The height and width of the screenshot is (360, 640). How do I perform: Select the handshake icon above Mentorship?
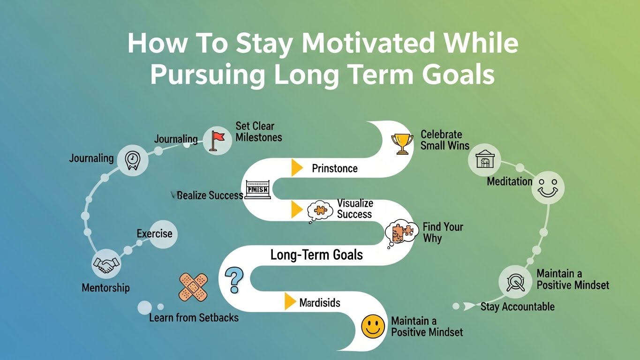106,265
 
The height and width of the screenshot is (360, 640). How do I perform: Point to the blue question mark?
234,280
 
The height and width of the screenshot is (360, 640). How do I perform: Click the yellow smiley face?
373,326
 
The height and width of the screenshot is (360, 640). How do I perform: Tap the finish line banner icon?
257,189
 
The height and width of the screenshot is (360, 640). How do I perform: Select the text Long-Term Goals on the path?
316,255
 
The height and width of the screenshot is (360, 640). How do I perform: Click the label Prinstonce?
334,168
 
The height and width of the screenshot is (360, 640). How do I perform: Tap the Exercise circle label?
155,233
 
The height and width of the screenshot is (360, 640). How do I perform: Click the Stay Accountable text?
517,307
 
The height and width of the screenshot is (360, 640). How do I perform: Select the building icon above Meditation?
485,159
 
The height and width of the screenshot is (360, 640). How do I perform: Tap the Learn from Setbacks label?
194,318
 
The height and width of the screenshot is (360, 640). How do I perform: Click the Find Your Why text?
442,232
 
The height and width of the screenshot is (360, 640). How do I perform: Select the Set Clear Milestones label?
258,132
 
